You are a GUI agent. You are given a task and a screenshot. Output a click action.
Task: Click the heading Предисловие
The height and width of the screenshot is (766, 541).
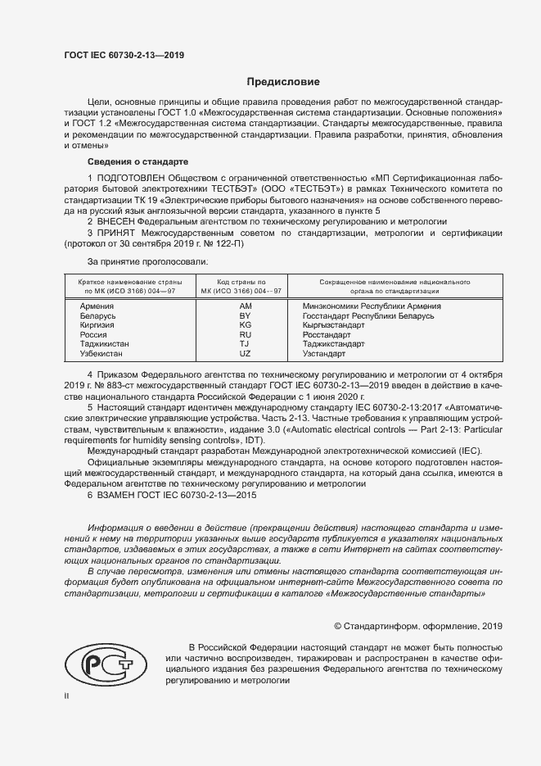(284, 82)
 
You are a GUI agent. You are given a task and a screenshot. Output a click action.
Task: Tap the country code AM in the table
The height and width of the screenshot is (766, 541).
(245, 306)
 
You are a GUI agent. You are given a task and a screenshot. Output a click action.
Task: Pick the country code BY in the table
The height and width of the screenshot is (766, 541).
(245, 315)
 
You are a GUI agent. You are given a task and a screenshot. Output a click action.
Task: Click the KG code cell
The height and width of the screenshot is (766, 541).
(245, 325)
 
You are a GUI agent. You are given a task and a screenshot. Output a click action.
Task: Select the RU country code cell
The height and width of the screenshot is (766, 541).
(245, 335)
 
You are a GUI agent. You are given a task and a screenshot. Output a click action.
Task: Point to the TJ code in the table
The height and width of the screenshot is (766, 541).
(245, 344)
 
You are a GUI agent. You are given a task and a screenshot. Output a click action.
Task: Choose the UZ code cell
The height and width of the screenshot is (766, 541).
(245, 354)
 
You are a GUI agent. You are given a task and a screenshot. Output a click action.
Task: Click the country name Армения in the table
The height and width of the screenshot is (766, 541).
(97, 306)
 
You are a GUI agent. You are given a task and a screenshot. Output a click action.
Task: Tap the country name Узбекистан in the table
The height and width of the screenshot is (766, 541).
(102, 354)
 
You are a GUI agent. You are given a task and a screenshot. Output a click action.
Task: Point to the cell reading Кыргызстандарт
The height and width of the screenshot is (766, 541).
(334, 325)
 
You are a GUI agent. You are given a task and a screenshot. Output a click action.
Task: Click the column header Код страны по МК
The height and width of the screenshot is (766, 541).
(245, 286)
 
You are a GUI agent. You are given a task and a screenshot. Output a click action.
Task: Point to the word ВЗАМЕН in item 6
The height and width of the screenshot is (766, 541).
(117, 495)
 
